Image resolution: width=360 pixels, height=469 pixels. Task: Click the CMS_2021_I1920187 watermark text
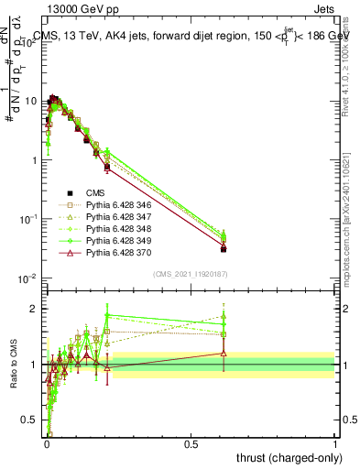[191, 274]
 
